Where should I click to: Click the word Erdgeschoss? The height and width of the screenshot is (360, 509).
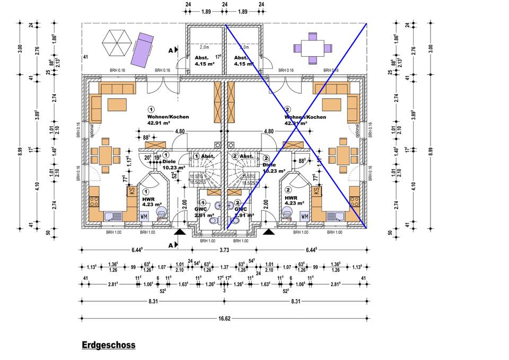(109, 345)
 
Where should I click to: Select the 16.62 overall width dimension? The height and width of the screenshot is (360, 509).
(223, 313)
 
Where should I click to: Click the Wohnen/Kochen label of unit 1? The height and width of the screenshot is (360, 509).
(169, 117)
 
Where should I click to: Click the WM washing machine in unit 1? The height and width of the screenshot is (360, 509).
(144, 216)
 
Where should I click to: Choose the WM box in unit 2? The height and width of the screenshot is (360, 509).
(304, 216)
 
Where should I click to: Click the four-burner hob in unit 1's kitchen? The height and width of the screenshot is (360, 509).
(95, 201)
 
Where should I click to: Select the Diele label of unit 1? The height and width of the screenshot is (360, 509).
(169, 162)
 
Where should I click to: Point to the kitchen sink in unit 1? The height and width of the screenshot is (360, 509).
(112, 216)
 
